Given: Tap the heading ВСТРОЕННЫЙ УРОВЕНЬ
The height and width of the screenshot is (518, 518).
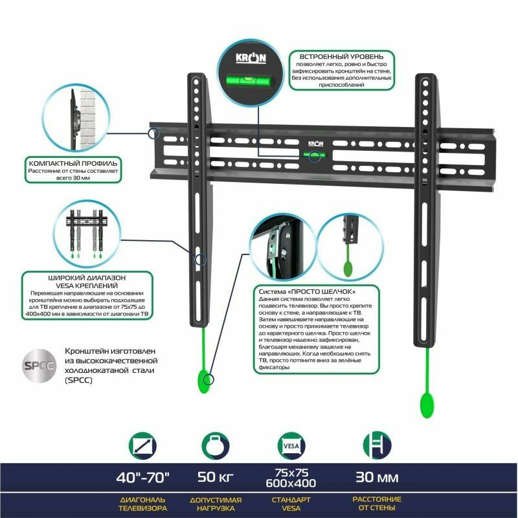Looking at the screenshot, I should pyautogui.click(x=341, y=56).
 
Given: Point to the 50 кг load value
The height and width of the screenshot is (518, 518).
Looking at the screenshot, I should pyautogui.click(x=216, y=479).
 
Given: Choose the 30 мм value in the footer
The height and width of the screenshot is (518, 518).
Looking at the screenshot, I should pyautogui.click(x=377, y=479).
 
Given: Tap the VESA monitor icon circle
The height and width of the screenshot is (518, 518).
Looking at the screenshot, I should pyautogui.click(x=289, y=446).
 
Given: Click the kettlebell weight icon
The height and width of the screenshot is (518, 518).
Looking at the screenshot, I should pyautogui.click(x=216, y=446).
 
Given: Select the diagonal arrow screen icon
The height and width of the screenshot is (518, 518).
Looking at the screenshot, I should pyautogui.click(x=143, y=446).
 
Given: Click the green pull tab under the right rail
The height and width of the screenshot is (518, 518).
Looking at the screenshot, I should pyautogui.click(x=427, y=405).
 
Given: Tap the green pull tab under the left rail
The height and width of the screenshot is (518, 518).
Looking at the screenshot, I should pyautogui.click(x=204, y=381).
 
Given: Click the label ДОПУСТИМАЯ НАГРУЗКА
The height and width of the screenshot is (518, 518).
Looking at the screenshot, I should pyautogui.click(x=216, y=504).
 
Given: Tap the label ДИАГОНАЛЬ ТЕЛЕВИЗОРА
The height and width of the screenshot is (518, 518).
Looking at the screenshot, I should pyautogui.click(x=143, y=504).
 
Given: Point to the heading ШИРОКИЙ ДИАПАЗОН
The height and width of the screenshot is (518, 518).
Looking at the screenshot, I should pyautogui.click(x=87, y=277).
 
